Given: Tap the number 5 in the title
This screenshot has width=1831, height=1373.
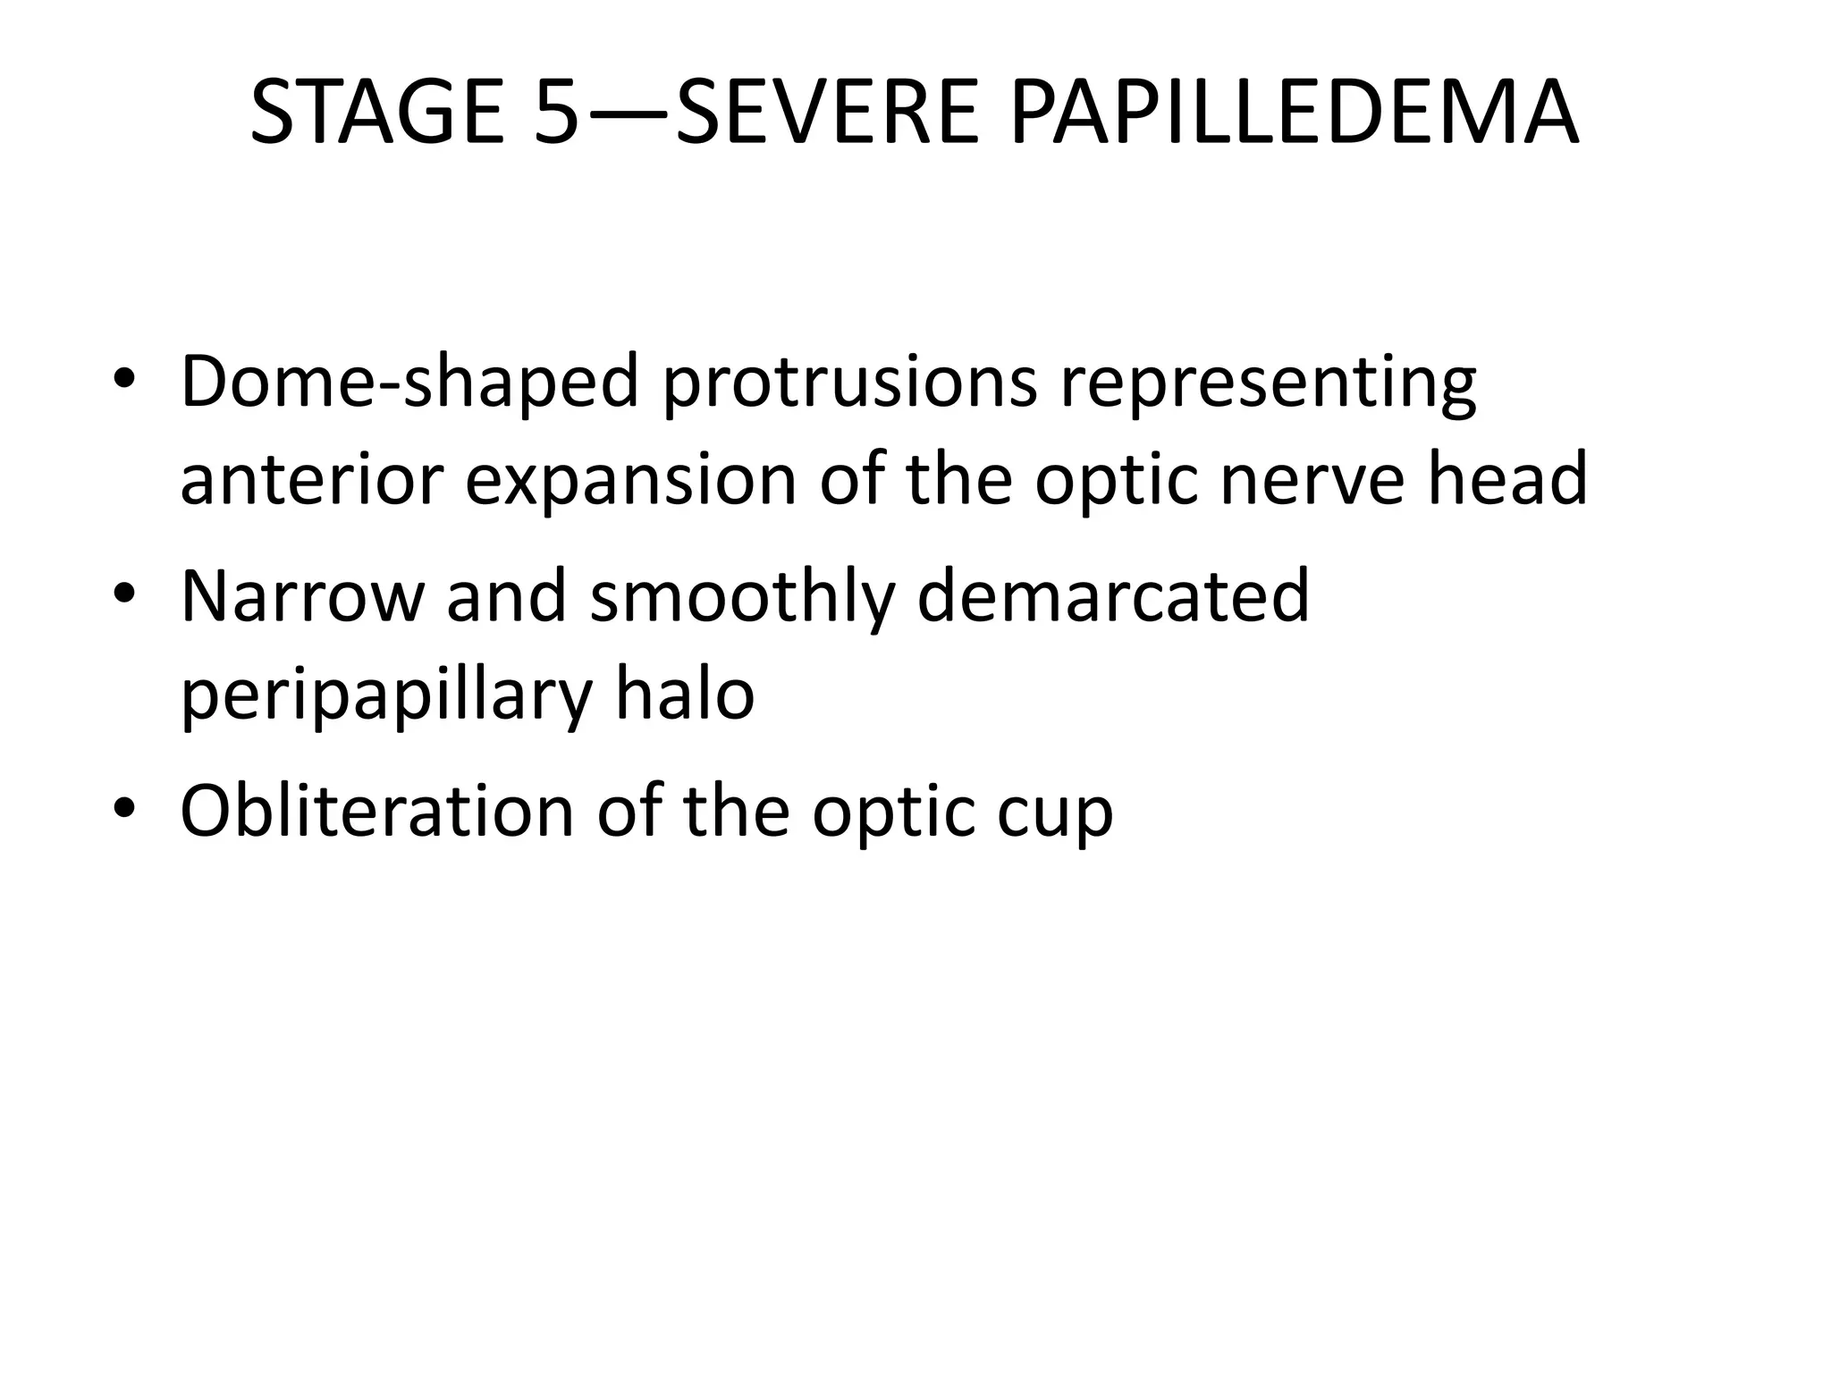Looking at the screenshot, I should pyautogui.click(x=556, y=114).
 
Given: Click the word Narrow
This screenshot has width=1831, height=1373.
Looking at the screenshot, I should pyautogui.click(x=301, y=596).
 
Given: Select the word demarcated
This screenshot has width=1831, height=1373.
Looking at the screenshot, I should pyautogui.click(x=1113, y=596).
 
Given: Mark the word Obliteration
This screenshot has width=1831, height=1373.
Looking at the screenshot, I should pyautogui.click(x=376, y=811).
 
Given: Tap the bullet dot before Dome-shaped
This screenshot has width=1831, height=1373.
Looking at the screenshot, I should pyautogui.click(x=124, y=382).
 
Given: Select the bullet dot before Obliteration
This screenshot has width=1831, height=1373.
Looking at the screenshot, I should pyautogui.click(x=124, y=809).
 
